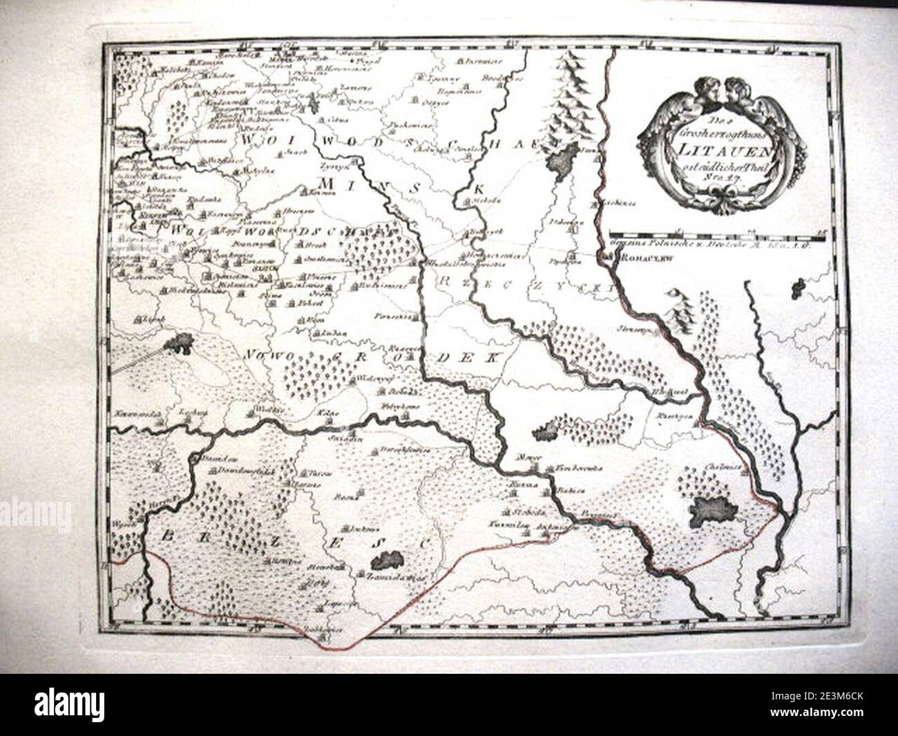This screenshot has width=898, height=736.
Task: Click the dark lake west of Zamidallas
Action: coord(385,560)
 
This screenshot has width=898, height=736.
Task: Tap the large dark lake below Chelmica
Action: coord(715,512)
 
